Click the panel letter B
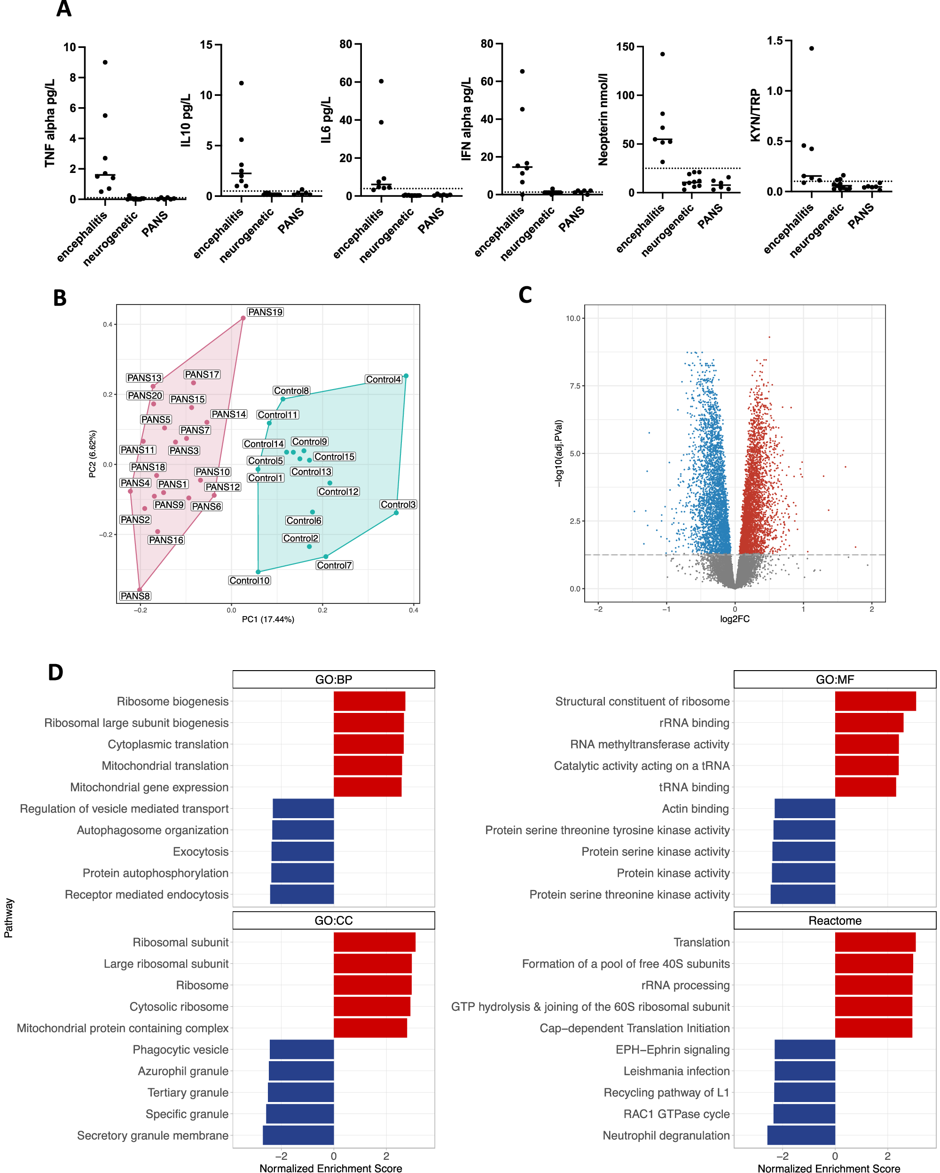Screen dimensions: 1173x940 coord(60,298)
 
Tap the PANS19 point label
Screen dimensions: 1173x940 coord(265,312)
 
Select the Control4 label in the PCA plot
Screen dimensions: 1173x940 coord(383,379)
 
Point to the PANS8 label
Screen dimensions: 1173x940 coord(135,596)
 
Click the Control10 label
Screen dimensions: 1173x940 coord(249,580)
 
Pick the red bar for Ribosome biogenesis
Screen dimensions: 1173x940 coord(369,701)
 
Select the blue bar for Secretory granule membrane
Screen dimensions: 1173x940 coord(298,1135)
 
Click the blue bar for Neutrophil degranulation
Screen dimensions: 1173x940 coord(801,1135)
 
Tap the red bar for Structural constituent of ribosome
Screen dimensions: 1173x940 coord(875,701)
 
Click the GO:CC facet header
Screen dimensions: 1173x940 coord(333,921)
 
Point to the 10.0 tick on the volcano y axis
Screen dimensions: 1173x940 coord(573,318)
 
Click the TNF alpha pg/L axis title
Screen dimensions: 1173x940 coord(50,123)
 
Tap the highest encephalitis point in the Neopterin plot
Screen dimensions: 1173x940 coord(662,54)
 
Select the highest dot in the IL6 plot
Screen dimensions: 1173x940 coord(381,81)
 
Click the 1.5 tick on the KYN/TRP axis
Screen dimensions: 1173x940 coord(774,41)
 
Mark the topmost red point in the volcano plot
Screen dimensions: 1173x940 coord(768,337)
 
